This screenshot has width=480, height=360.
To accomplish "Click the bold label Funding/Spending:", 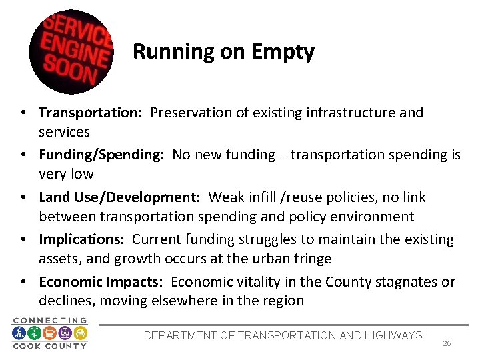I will coord(101,155).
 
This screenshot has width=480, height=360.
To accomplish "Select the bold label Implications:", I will coord(83,239).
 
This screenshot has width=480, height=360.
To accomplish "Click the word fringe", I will coord(313,259).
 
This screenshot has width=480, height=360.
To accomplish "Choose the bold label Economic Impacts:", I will coord(100,282).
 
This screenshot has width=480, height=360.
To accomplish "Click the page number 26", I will coord(447,343).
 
